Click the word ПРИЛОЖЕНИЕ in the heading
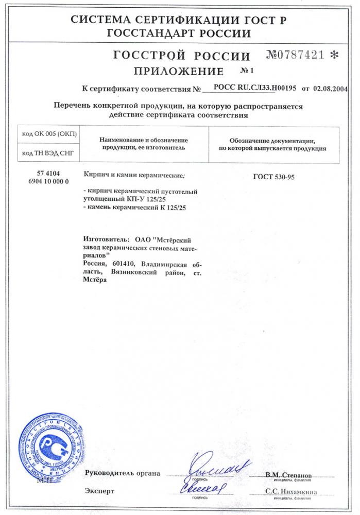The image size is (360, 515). click(x=178, y=71)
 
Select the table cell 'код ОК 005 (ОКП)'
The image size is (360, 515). click(x=49, y=134)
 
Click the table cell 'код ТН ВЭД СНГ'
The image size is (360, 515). click(x=49, y=153)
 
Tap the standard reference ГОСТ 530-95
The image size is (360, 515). click(x=273, y=177)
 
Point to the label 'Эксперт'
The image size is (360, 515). click(x=99, y=491)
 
